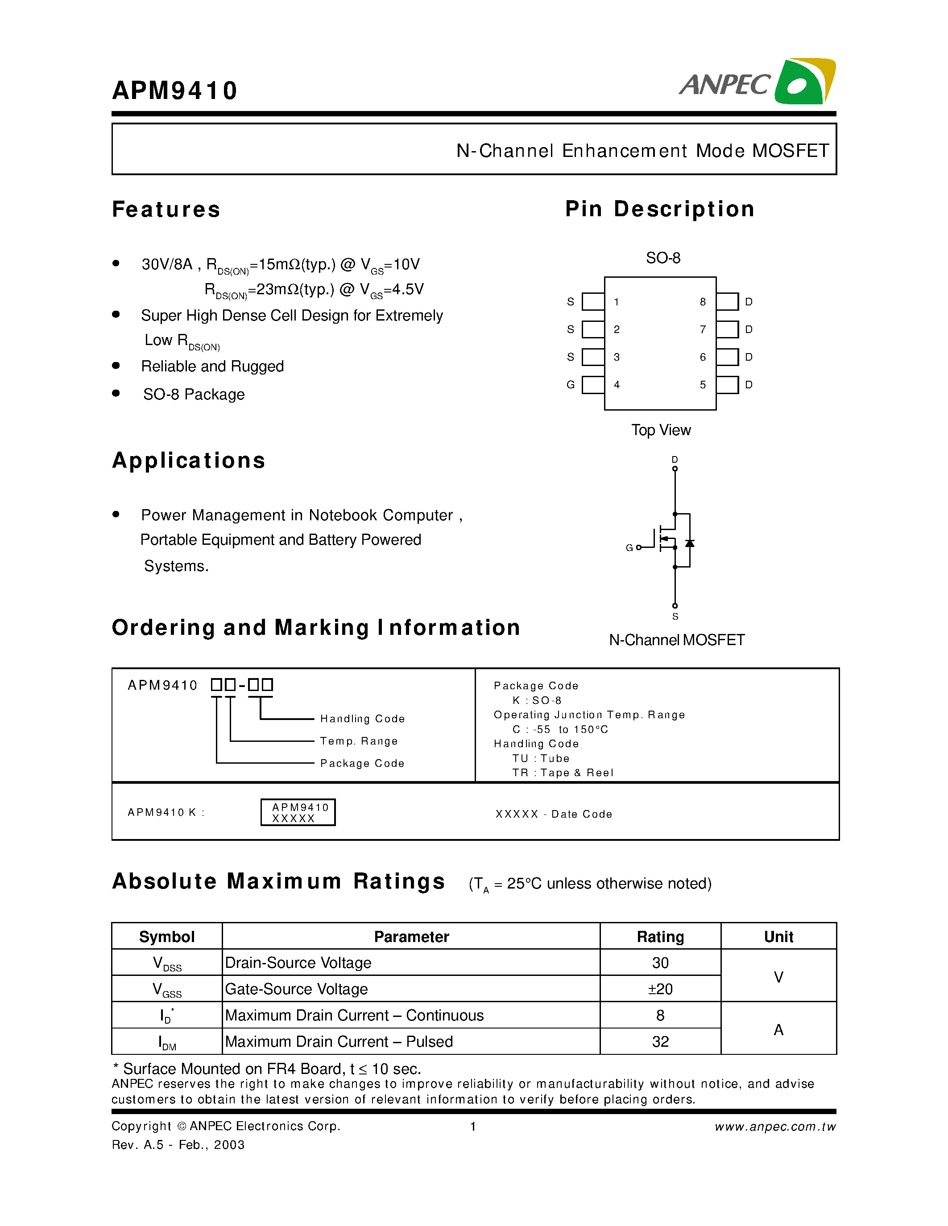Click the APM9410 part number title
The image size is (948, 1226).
[175, 91]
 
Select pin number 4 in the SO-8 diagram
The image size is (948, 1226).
[617, 385]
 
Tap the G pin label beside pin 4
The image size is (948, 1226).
[571, 385]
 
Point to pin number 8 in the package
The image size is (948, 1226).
[703, 302]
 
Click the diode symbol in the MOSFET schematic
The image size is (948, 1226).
[690, 543]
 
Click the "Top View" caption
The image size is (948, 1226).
[661, 430]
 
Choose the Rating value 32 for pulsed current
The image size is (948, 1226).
[660, 1041]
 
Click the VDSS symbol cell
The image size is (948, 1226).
[167, 963]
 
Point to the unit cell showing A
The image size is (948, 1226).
[778, 1029]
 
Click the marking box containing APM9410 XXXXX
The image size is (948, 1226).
[298, 812]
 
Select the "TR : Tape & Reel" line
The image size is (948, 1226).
[563, 773]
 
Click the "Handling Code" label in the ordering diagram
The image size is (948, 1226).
[362, 719]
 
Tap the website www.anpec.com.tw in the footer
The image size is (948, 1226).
[775, 1127]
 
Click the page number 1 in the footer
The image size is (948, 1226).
[473, 1126]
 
